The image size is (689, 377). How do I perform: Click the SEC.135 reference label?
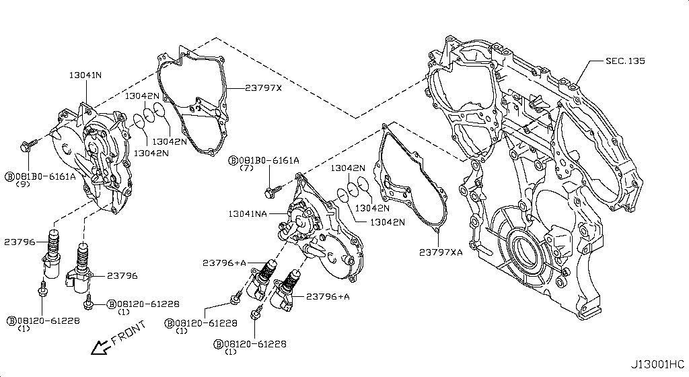[625, 61]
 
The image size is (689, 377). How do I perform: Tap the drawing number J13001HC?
[657, 364]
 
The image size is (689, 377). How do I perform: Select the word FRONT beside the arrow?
[128, 333]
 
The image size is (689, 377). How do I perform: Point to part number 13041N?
[84, 75]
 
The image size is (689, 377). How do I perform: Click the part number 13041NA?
[248, 213]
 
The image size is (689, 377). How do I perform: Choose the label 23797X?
[263, 88]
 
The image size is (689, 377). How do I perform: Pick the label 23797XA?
[441, 252]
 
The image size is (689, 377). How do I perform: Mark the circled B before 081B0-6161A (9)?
[9, 176]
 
